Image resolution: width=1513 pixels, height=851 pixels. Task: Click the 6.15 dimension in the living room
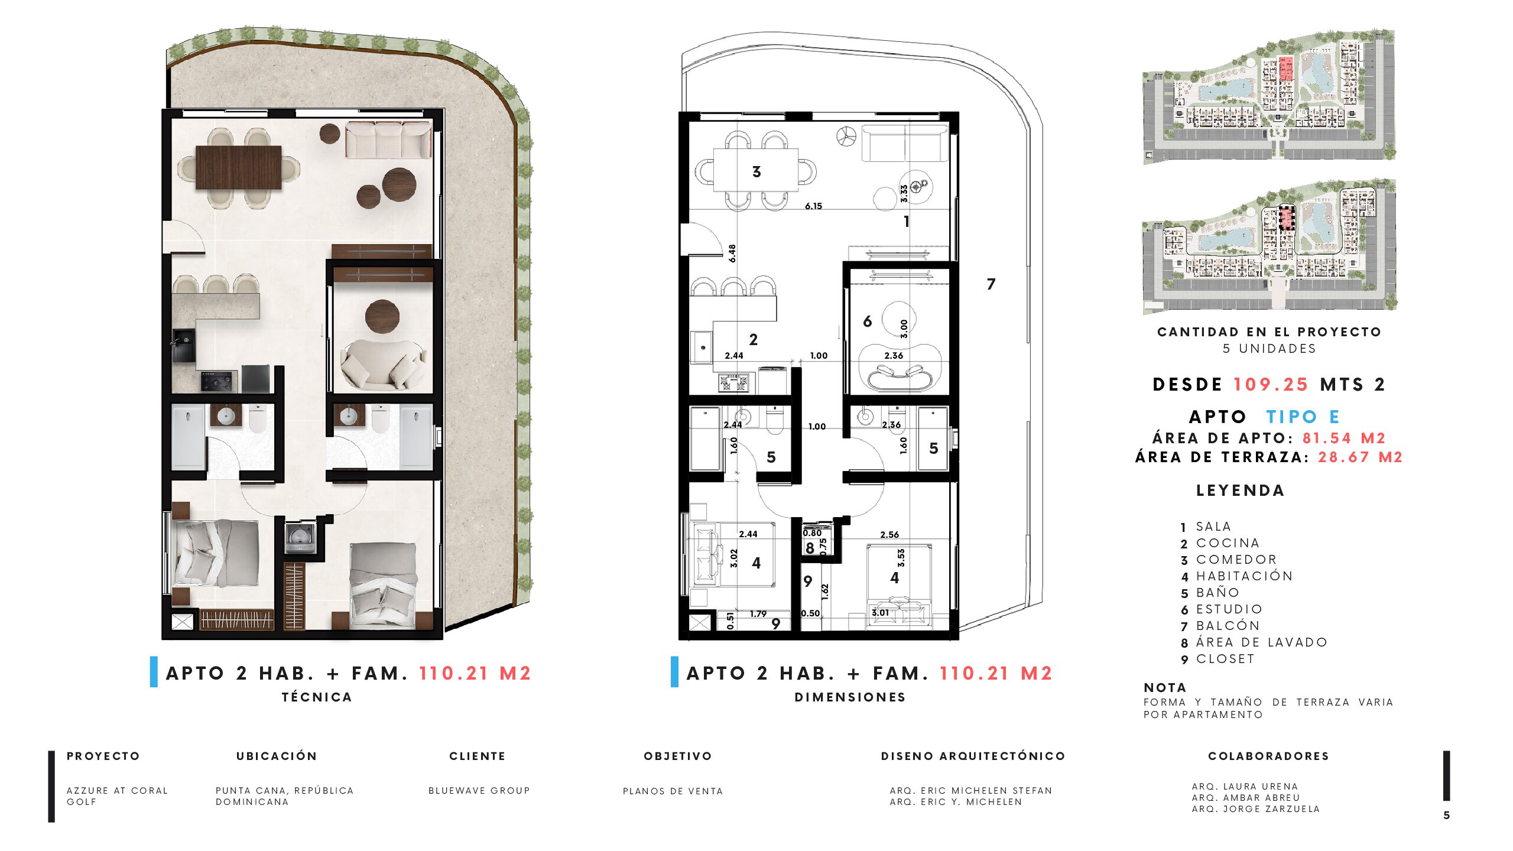[x=813, y=206]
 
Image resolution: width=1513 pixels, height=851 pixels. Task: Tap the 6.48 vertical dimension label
[x=732, y=254]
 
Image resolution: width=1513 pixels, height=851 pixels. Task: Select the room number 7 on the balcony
[x=991, y=284]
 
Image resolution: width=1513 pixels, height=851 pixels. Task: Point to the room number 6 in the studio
[x=867, y=321]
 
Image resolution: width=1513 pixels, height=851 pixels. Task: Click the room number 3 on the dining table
[x=756, y=172]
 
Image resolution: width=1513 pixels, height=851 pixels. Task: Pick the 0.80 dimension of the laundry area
[x=812, y=533]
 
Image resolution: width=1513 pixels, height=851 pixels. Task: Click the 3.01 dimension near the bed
[x=880, y=613]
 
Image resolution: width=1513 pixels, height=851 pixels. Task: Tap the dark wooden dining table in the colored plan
[x=239, y=167]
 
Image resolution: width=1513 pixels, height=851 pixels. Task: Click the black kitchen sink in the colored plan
[x=183, y=345]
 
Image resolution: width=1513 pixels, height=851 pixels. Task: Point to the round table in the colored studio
[x=382, y=316]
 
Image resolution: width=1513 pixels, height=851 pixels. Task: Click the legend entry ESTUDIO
[x=1229, y=609]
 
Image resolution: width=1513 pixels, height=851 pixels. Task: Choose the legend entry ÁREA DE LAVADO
[x=1262, y=642]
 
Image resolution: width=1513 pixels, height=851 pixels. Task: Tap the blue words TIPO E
[x=1303, y=417]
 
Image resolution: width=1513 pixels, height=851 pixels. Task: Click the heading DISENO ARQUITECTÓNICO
[x=973, y=756]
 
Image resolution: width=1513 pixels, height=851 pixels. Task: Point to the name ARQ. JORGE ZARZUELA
[x=1255, y=809]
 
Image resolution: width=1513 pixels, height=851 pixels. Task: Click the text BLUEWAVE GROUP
[x=479, y=791]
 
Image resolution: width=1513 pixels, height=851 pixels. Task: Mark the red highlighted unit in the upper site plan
[x=1286, y=69]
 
